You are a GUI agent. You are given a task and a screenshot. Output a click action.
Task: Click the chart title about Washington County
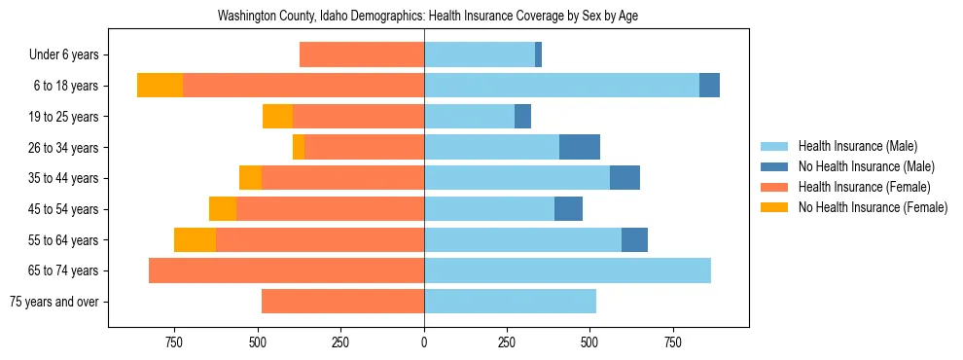[x=428, y=17]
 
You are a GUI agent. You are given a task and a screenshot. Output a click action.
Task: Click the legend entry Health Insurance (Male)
[x=857, y=146]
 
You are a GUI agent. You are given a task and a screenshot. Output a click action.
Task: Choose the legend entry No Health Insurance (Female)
[x=873, y=207]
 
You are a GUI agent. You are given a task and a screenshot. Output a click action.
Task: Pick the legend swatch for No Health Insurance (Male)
[x=776, y=166]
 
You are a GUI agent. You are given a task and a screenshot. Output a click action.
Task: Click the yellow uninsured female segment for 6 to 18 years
[x=160, y=86]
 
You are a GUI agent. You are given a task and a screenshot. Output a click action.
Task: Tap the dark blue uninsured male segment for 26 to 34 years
[x=580, y=147]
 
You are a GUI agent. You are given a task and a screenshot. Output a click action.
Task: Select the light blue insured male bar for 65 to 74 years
[x=567, y=270]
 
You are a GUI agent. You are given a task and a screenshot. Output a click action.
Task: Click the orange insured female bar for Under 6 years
[x=362, y=54]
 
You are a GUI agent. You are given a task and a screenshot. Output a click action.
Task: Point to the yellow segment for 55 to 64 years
[x=195, y=239]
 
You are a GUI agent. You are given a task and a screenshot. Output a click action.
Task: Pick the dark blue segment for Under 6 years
[x=538, y=54]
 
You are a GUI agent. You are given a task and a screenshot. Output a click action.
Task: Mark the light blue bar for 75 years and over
[x=510, y=302]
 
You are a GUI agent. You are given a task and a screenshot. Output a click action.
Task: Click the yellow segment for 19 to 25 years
[x=277, y=116]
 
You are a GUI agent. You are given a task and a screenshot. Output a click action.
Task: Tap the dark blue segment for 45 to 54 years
[x=568, y=208]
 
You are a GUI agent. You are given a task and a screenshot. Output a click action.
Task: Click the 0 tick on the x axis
[x=424, y=342]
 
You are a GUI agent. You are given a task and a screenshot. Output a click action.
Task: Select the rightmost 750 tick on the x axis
[x=672, y=342]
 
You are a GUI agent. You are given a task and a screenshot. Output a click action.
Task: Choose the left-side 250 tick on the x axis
[x=340, y=342]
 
